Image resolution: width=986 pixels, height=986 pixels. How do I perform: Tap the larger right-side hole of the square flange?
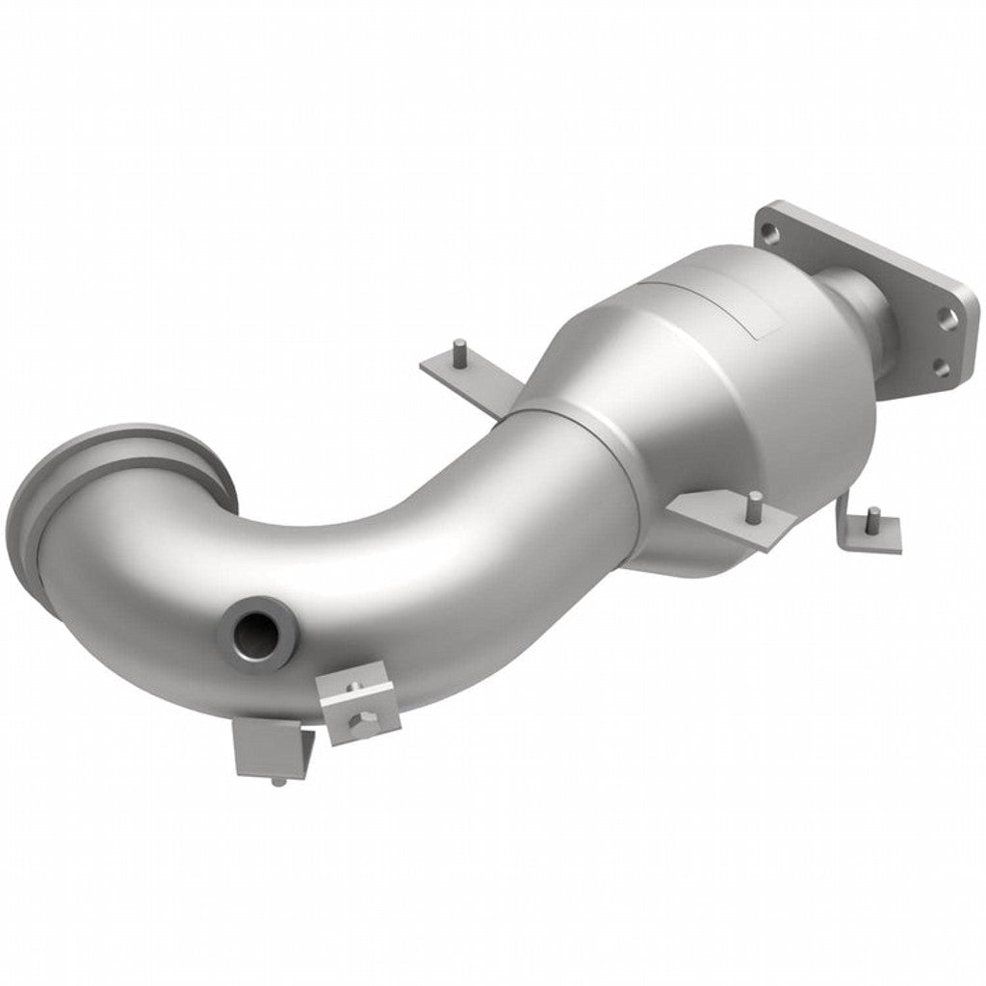pyautogui.click(x=949, y=322)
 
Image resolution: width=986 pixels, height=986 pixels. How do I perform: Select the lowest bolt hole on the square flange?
pyautogui.click(x=942, y=368)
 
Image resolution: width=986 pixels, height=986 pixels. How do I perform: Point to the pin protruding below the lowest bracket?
pyautogui.click(x=278, y=780)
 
